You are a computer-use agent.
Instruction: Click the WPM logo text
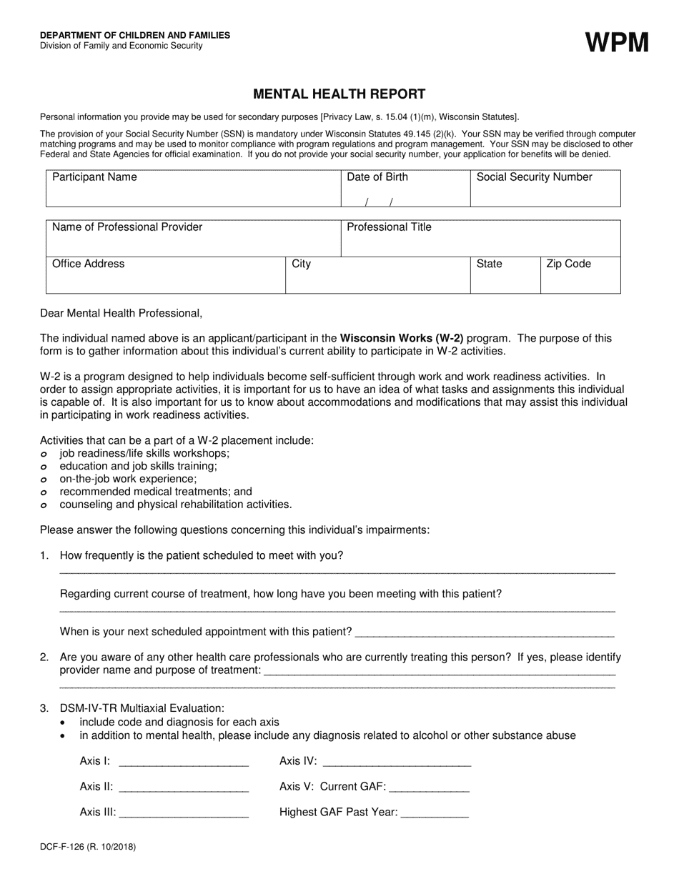618,43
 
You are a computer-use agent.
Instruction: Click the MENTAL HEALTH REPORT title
339,94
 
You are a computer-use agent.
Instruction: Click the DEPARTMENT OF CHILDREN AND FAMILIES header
135,35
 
